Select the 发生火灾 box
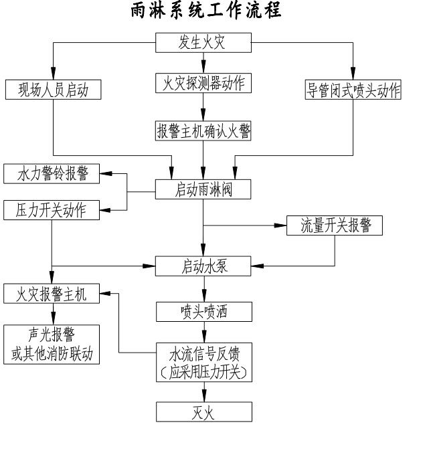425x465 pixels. click(203, 43)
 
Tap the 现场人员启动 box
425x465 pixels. click(52, 89)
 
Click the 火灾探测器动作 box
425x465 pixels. click(203, 84)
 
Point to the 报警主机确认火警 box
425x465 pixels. click(203, 130)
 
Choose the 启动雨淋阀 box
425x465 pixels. click(203, 189)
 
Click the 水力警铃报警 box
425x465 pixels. click(52, 174)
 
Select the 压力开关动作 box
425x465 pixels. click(52, 209)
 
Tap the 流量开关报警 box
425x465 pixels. click(334, 225)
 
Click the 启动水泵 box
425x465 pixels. click(203, 266)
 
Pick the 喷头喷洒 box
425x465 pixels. click(203, 311)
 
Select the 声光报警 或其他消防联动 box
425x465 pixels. click(52, 345)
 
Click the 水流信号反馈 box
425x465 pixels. click(203, 362)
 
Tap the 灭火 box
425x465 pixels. click(203, 411)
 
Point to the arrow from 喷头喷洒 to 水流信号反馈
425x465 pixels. click(203, 332)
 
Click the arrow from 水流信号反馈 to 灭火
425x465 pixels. click(203, 392)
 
